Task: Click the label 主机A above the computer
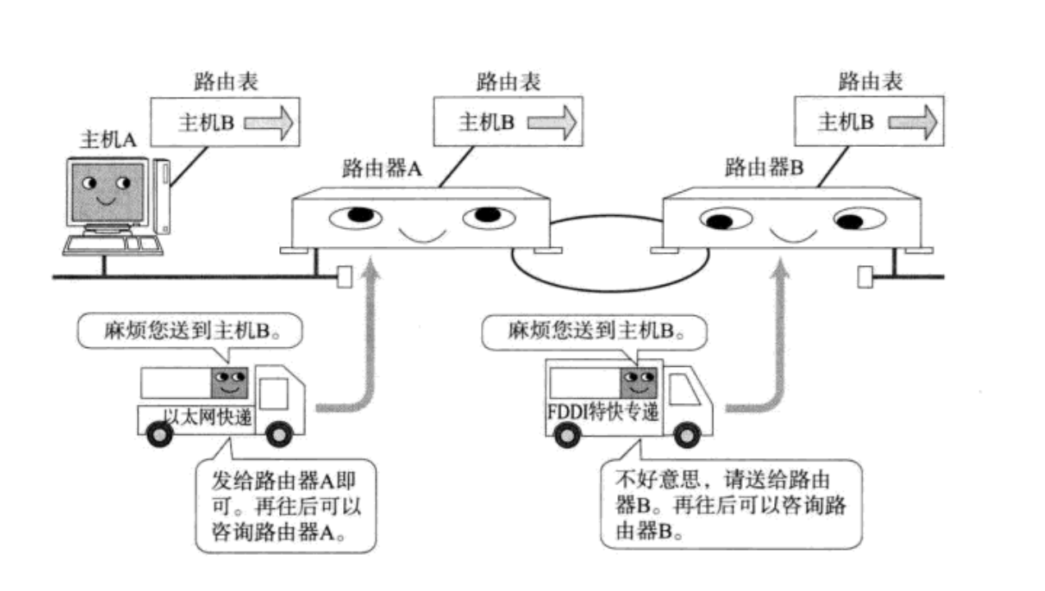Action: click(108, 140)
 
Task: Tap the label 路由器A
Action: click(382, 168)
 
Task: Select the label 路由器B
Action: click(763, 167)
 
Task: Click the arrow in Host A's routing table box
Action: click(268, 123)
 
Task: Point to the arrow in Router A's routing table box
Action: click(552, 122)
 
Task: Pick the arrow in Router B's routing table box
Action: click(912, 122)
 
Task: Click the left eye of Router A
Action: click(355, 218)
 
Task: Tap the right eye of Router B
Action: click(859, 219)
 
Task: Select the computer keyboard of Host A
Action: click(113, 245)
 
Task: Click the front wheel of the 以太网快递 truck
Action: click(279, 434)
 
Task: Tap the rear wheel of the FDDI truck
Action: click(566, 435)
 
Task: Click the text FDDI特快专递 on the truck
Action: click(603, 412)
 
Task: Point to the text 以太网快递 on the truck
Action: click(208, 416)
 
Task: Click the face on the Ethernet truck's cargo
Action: click(230, 383)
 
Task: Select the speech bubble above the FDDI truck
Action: click(594, 332)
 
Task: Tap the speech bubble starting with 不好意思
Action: click(731, 504)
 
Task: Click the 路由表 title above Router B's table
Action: click(870, 81)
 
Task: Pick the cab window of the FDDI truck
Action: click(684, 390)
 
